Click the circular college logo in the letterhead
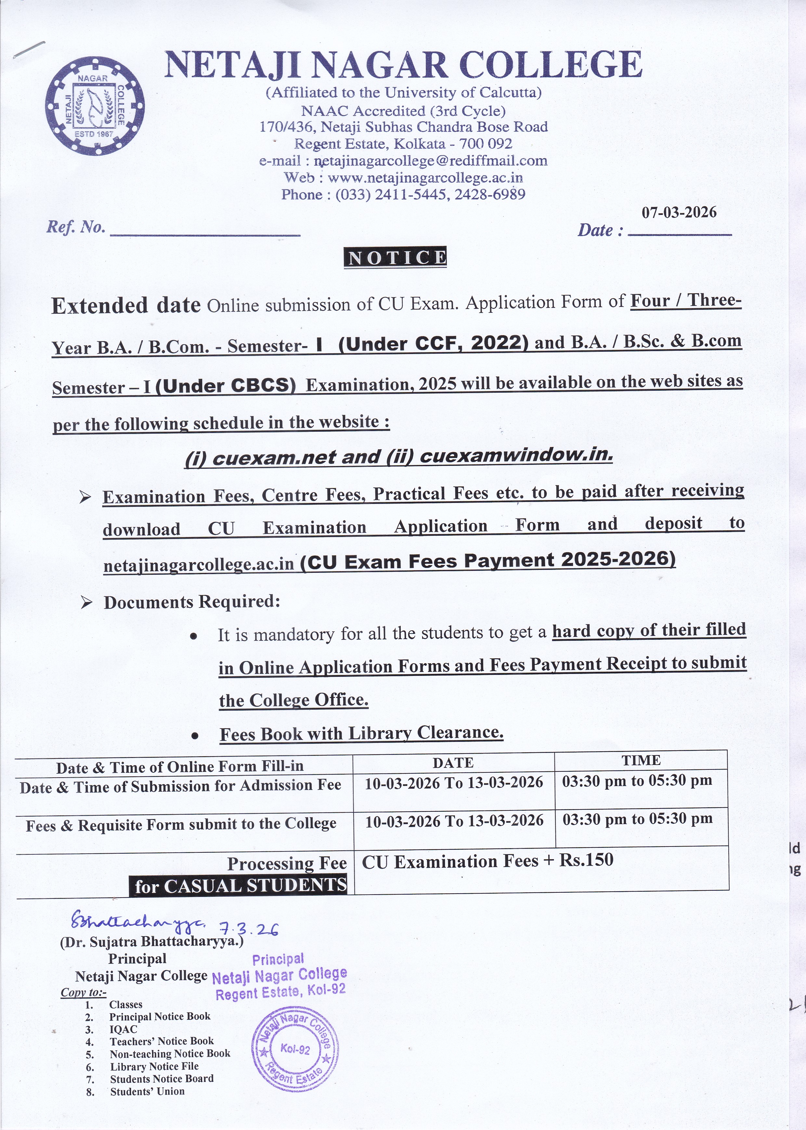[95, 105]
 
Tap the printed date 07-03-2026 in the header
[679, 213]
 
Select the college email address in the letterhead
[403, 161]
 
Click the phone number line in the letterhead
[403, 195]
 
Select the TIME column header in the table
[641, 760]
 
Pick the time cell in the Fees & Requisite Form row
[637, 819]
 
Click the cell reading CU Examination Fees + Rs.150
[487, 861]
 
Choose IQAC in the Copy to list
[123, 1030]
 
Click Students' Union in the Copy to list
[147, 1091]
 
